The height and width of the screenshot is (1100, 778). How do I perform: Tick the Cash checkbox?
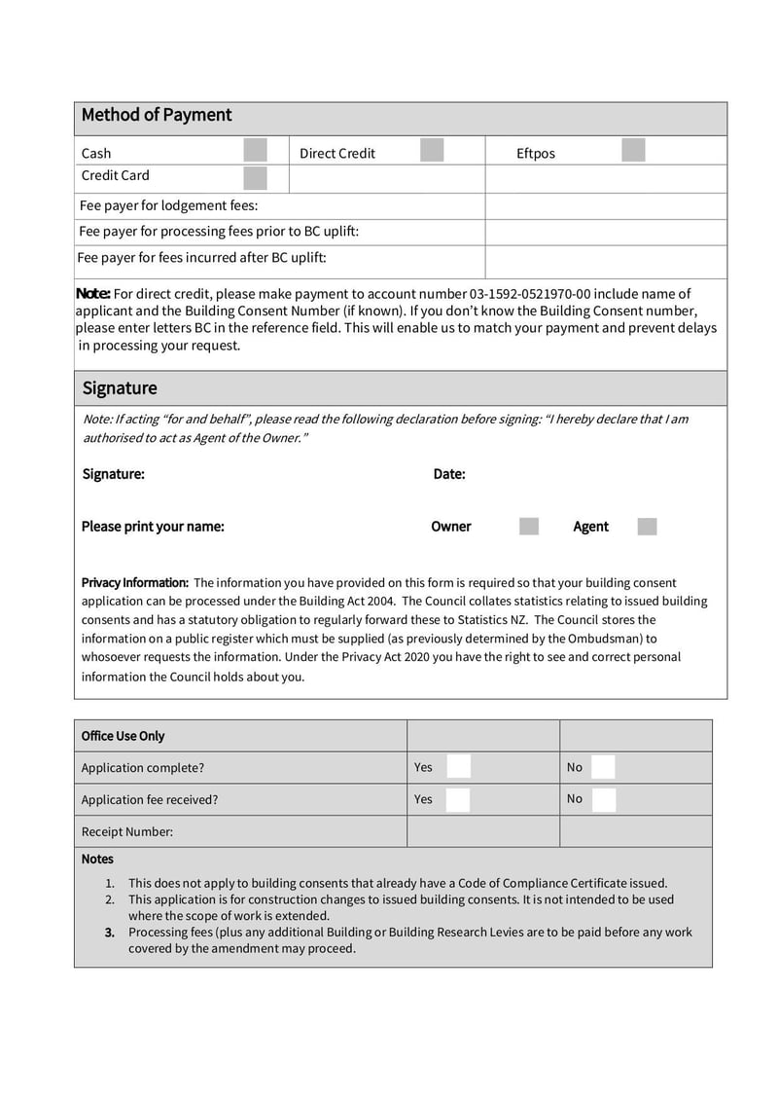pyautogui.click(x=255, y=151)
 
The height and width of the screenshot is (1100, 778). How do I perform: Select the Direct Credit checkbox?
pyautogui.click(x=432, y=151)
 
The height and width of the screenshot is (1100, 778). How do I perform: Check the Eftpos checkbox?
pyautogui.click(x=633, y=151)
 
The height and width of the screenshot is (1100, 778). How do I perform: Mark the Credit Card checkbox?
pyautogui.click(x=255, y=178)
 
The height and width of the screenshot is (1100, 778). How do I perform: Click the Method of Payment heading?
pyautogui.click(x=157, y=115)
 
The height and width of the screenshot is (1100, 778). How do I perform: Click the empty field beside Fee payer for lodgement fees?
pyautogui.click(x=605, y=206)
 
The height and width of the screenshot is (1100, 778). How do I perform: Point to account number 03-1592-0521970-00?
pyautogui.click(x=530, y=294)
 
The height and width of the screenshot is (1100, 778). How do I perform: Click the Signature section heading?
pyautogui.click(x=120, y=388)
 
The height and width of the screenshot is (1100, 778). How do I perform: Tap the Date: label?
pyautogui.click(x=449, y=474)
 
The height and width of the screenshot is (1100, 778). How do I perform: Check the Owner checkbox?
pyautogui.click(x=529, y=527)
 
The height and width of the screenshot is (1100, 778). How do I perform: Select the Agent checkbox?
pyautogui.click(x=647, y=527)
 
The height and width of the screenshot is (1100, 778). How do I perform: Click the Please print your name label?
pyautogui.click(x=153, y=527)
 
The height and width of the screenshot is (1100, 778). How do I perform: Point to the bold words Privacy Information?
pyautogui.click(x=134, y=582)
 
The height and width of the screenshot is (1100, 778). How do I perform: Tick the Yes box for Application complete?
pyautogui.click(x=458, y=767)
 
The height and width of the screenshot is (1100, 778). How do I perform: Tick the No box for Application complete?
pyautogui.click(x=603, y=767)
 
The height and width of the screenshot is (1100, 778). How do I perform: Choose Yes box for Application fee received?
pyautogui.click(x=458, y=799)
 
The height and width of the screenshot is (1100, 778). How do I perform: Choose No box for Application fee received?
pyautogui.click(x=603, y=799)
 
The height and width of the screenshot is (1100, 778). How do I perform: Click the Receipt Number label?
pyautogui.click(x=127, y=831)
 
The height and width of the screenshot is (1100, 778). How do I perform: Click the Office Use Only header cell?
pyautogui.click(x=124, y=736)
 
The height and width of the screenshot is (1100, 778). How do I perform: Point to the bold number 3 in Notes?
pyautogui.click(x=110, y=932)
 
